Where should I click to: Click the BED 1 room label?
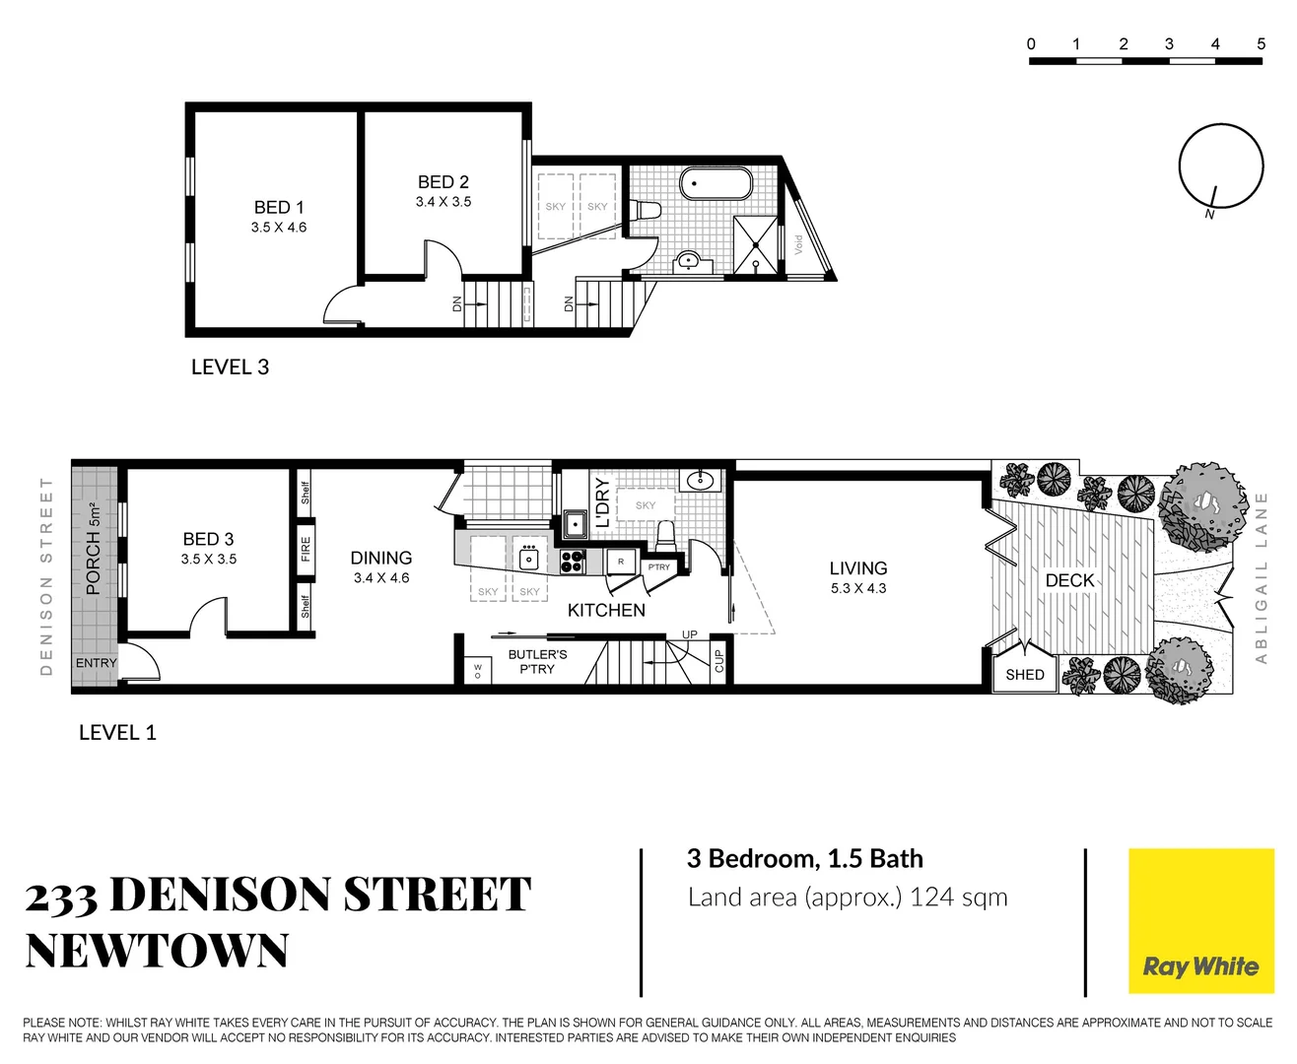click(279, 208)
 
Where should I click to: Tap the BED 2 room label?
click(443, 182)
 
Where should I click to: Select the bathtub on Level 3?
click(717, 184)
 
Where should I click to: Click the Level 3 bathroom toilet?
click(646, 210)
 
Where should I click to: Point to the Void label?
click(798, 243)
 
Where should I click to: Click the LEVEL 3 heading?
click(230, 367)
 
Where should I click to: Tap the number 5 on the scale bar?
click(1261, 43)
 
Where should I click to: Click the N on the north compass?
click(1209, 214)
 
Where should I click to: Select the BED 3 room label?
click(208, 540)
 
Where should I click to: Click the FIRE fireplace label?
click(306, 549)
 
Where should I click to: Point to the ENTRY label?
click(96, 663)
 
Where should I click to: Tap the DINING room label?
click(380, 559)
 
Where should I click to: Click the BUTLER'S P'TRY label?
click(537, 661)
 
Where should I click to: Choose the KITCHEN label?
click(606, 611)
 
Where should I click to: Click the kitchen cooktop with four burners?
click(573, 562)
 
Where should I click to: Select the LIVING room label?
click(857, 568)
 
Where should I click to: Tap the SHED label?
click(1024, 675)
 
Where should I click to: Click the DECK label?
click(1069, 581)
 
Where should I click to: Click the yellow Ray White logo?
click(1200, 921)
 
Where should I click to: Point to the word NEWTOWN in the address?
click(157, 952)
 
